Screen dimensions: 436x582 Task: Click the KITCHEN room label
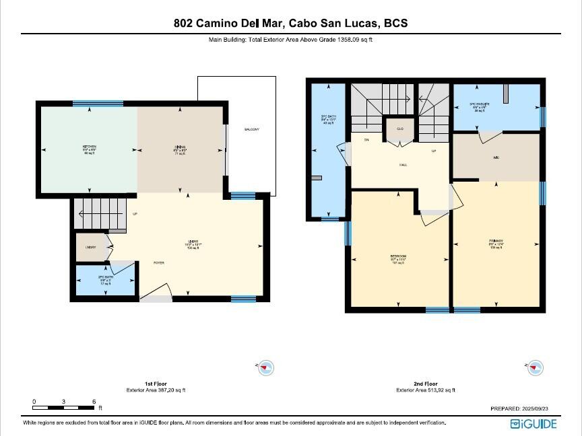coord(90,147)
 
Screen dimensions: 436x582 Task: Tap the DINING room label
coord(180,147)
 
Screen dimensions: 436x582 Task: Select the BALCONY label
coord(251,129)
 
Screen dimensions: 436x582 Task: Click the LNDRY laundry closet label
coord(90,248)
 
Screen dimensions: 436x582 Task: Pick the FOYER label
coord(159,263)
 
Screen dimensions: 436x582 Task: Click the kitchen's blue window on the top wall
coord(88,103)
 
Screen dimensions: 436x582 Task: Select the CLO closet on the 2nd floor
coord(399,129)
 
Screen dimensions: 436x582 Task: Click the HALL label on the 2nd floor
coord(403,164)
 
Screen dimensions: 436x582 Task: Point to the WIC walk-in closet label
coord(496,158)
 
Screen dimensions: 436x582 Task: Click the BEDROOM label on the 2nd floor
coord(398,257)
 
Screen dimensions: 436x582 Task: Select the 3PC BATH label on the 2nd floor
coord(328,119)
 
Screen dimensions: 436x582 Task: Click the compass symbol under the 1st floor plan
coord(266,367)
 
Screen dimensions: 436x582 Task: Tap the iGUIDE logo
coord(533,423)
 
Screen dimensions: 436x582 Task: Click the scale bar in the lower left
coord(64,408)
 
